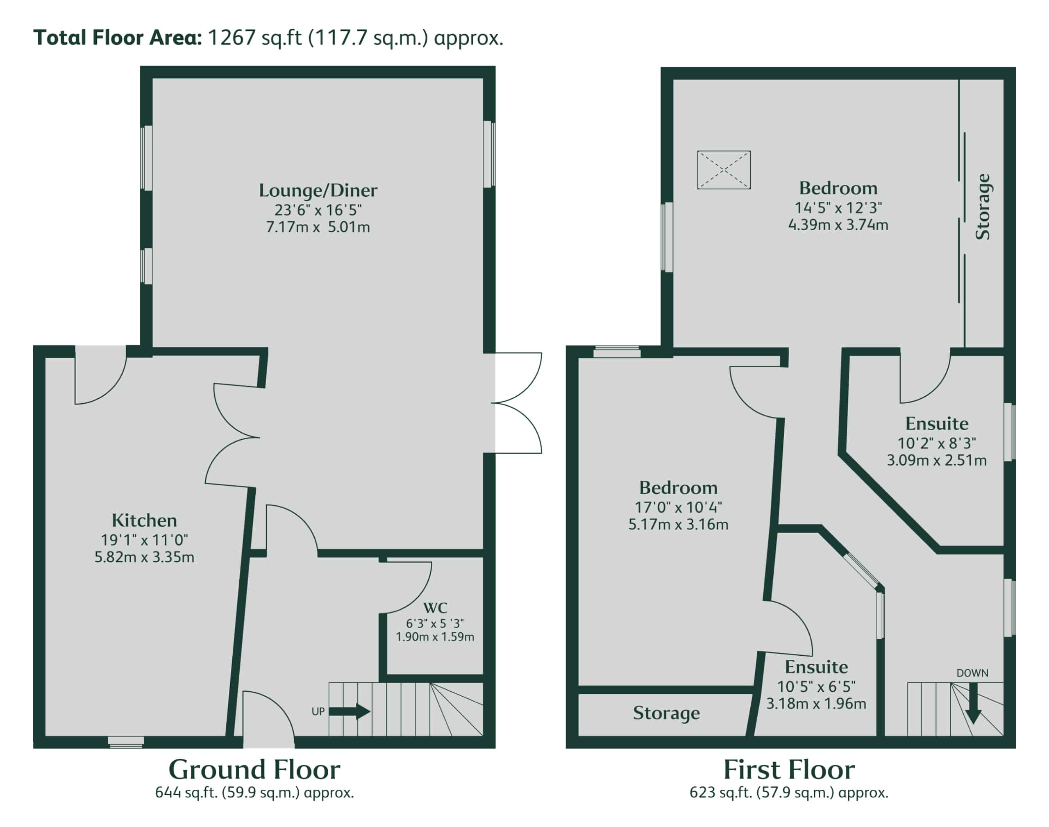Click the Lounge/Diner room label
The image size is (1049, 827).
tap(318, 190)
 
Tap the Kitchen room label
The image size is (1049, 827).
tap(144, 520)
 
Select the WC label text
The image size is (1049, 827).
tap(435, 607)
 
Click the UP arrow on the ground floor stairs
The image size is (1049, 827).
tap(350, 711)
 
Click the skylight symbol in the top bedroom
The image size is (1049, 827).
tap(724, 170)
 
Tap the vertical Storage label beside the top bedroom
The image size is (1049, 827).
tap(982, 207)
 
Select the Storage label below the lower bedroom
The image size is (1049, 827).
tap(666, 713)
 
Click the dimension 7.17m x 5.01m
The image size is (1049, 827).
tap(318, 227)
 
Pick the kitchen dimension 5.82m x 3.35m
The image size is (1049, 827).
tap(144, 557)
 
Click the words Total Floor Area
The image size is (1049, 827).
tap(117, 38)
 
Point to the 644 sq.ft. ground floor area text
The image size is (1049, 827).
tap(254, 793)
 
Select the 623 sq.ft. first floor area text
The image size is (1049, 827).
tap(789, 793)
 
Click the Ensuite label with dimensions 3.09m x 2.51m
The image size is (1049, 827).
tap(937, 423)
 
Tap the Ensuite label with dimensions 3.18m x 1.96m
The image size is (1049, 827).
tap(816, 667)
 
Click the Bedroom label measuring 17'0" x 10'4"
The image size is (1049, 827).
tap(678, 487)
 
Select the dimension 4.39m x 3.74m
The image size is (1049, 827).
tap(838, 225)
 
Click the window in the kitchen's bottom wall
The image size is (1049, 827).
tap(126, 742)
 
